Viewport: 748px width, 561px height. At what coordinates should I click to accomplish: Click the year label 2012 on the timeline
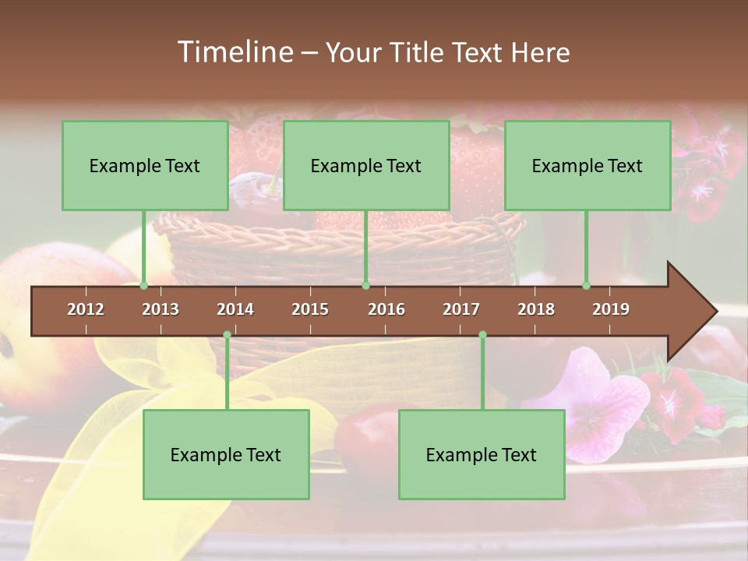pyautogui.click(x=86, y=309)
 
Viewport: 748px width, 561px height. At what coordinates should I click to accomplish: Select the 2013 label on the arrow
pyautogui.click(x=161, y=309)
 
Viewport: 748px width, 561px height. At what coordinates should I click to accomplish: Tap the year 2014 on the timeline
pyautogui.click(x=235, y=309)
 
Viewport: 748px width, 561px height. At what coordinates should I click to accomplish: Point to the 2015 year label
pyautogui.click(x=310, y=309)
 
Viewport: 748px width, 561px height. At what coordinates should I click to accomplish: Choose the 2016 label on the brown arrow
pyautogui.click(x=386, y=309)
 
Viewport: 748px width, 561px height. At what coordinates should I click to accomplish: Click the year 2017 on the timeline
pyautogui.click(x=461, y=309)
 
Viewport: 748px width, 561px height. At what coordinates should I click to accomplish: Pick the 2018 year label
pyautogui.click(x=536, y=309)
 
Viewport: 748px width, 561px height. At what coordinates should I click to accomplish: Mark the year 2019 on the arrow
pyautogui.click(x=611, y=309)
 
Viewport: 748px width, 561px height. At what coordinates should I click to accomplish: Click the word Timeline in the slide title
pyautogui.click(x=235, y=52)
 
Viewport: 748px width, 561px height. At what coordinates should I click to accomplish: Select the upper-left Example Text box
pyautogui.click(x=145, y=165)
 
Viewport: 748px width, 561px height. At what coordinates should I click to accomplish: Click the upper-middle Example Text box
pyautogui.click(x=366, y=165)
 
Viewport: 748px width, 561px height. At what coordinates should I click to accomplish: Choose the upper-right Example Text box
pyautogui.click(x=587, y=165)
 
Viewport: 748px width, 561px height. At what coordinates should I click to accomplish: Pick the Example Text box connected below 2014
pyautogui.click(x=226, y=454)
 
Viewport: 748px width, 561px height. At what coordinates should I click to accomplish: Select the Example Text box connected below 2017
pyautogui.click(x=482, y=454)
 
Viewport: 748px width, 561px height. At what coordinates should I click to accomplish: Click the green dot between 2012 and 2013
pyautogui.click(x=143, y=286)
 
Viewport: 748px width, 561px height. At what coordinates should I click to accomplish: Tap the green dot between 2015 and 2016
pyautogui.click(x=365, y=286)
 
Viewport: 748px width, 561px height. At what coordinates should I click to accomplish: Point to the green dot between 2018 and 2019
pyautogui.click(x=587, y=286)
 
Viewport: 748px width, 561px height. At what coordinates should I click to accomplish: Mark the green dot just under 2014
pyautogui.click(x=227, y=335)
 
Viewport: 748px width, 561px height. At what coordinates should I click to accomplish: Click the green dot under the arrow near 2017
pyautogui.click(x=482, y=335)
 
